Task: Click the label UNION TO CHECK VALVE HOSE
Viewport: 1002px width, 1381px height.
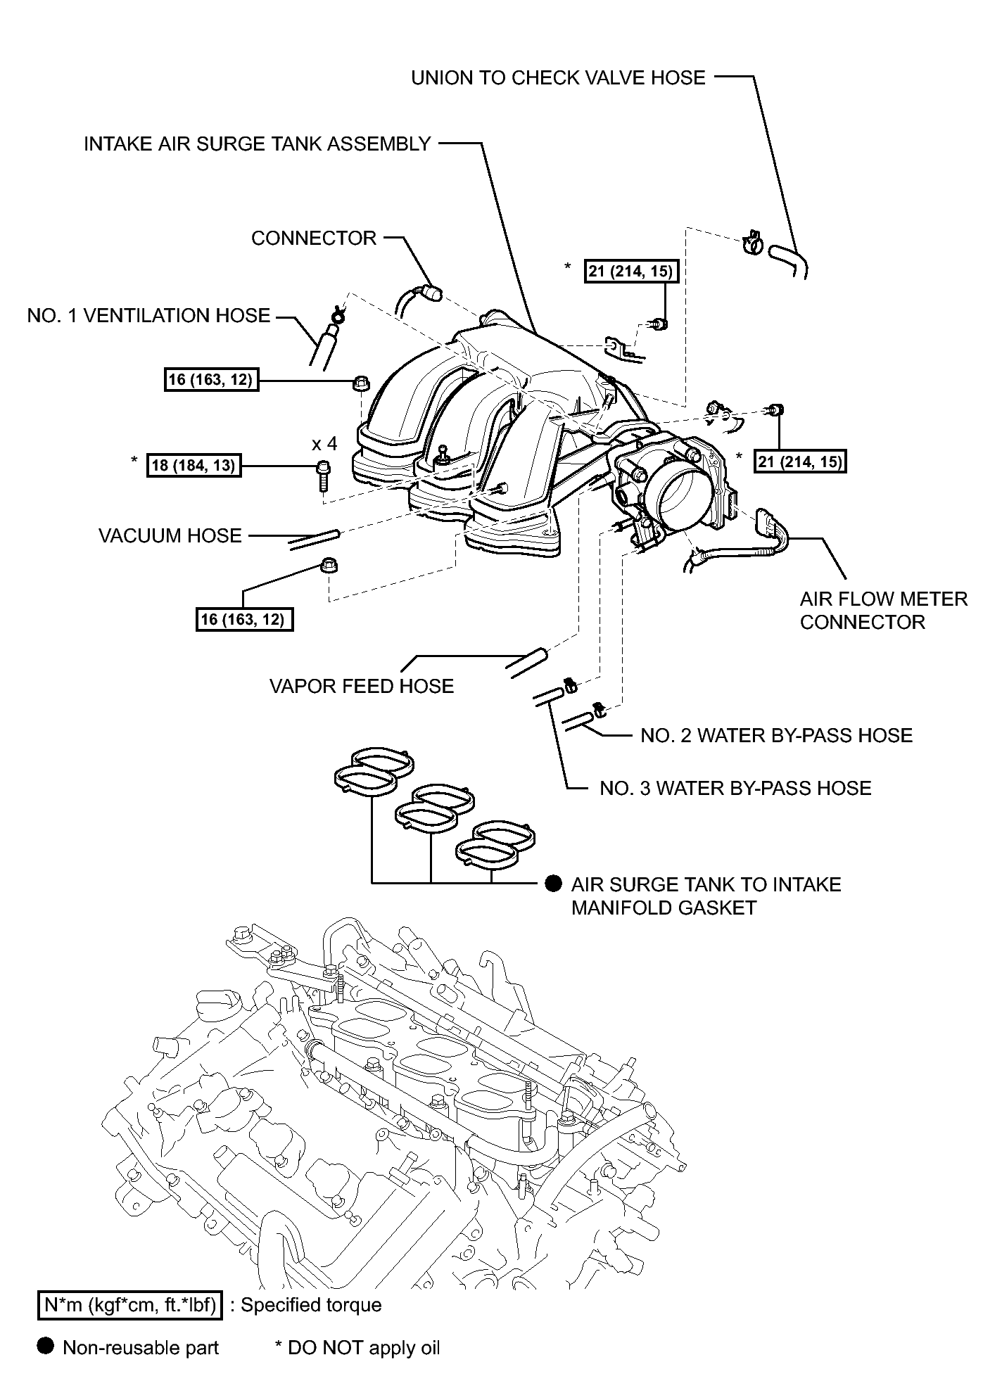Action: pyautogui.click(x=558, y=77)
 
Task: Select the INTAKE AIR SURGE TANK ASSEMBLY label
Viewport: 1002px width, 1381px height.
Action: pyautogui.click(x=257, y=144)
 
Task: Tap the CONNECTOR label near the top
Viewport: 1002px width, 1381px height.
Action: pyautogui.click(x=314, y=238)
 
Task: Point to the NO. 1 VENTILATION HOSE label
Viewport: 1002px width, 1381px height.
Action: pyautogui.click(x=148, y=316)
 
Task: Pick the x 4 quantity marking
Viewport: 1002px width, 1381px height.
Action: pyautogui.click(x=324, y=444)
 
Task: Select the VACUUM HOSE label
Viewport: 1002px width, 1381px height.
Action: pyautogui.click(x=170, y=536)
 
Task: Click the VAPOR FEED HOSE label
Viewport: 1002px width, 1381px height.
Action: pyautogui.click(x=362, y=687)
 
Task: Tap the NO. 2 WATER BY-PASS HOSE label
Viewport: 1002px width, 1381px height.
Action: pyautogui.click(x=777, y=736)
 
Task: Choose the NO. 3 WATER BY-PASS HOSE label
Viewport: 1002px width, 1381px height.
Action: pyautogui.click(x=735, y=788)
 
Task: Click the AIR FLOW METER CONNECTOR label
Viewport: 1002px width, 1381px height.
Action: pyautogui.click(x=884, y=611)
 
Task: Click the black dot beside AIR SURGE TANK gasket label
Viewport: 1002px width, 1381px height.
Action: pyautogui.click(x=554, y=884)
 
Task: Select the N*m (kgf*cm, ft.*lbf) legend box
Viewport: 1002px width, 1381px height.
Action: pyautogui.click(x=130, y=1306)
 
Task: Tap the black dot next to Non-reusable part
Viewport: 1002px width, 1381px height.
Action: pyautogui.click(x=46, y=1347)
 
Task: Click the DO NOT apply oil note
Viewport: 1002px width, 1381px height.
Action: pyautogui.click(x=357, y=1348)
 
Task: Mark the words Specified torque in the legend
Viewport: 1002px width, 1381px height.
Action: pyautogui.click(x=311, y=1306)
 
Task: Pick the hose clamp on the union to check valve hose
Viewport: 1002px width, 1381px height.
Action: pyautogui.click(x=751, y=243)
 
